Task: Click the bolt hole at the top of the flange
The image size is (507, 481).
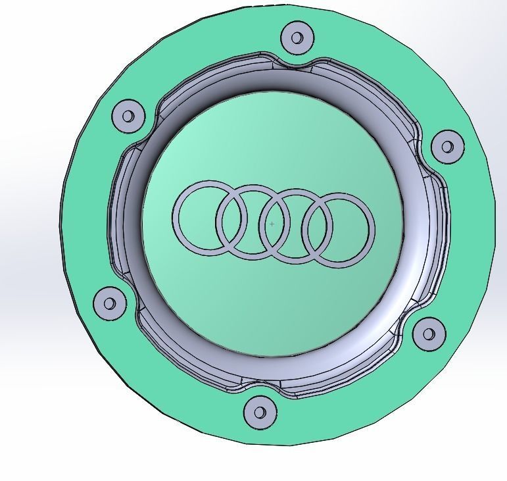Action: point(297,38)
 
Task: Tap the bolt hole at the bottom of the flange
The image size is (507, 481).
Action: point(260,413)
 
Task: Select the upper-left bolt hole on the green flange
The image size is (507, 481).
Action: point(128,116)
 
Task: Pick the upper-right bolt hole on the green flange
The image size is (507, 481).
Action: point(447,145)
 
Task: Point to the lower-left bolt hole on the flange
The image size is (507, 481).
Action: point(110,303)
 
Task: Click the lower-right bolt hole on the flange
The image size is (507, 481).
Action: point(429,334)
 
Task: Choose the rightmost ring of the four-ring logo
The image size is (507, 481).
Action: point(372,230)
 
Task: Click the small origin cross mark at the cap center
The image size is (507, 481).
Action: point(272,224)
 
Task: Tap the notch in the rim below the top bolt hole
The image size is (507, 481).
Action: point(295,66)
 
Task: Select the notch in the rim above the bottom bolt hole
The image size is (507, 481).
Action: point(260,382)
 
